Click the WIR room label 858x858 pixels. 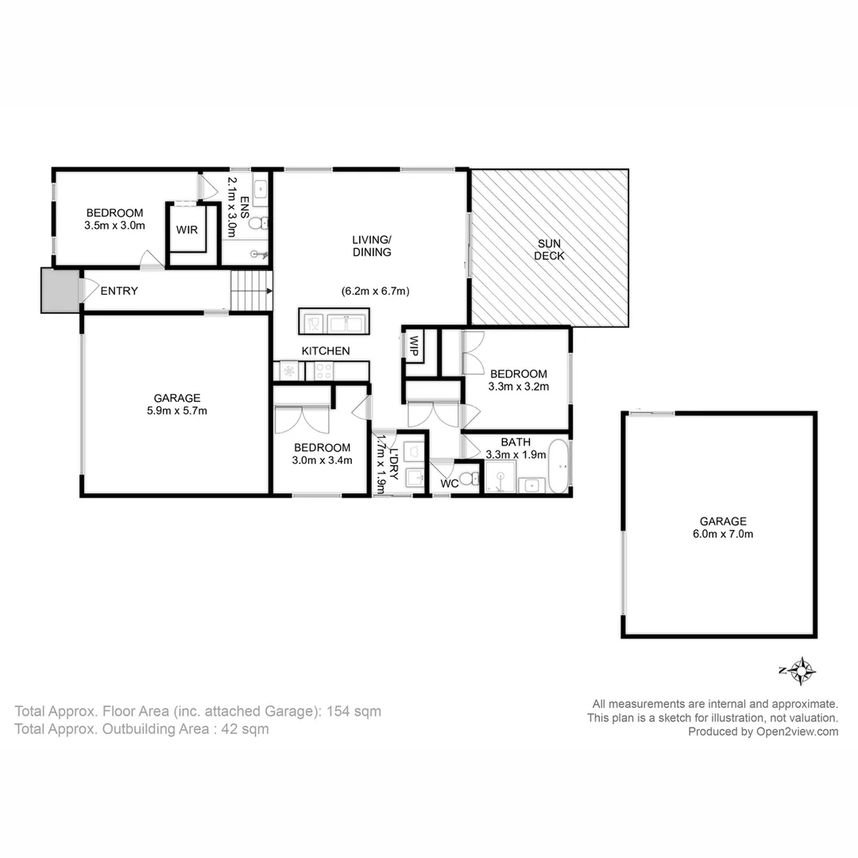[x=187, y=230]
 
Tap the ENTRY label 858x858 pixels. [x=119, y=291]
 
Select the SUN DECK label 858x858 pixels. [x=549, y=249]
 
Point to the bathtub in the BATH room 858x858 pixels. [x=559, y=467]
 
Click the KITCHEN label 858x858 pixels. [x=325, y=350]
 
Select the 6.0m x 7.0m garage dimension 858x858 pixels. [x=722, y=534]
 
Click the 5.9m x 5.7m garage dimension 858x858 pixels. [x=177, y=411]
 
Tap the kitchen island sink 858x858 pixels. [x=347, y=322]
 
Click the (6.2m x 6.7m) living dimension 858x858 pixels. [x=375, y=292]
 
